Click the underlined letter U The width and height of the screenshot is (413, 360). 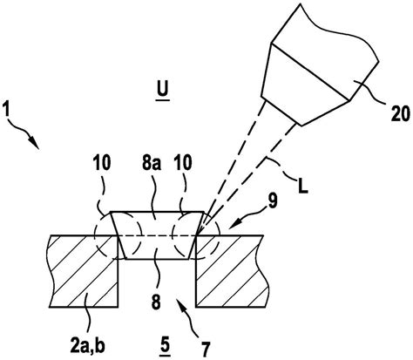click(x=163, y=90)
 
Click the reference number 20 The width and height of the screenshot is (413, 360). click(x=400, y=113)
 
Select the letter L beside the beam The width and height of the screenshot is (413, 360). click(x=302, y=187)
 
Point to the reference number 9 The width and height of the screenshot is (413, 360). click(x=273, y=201)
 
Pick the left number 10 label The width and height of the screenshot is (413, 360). click(x=102, y=163)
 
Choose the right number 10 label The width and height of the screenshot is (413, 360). click(x=183, y=162)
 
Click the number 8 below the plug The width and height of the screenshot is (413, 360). click(x=156, y=302)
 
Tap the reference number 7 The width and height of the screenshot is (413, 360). click(x=206, y=349)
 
